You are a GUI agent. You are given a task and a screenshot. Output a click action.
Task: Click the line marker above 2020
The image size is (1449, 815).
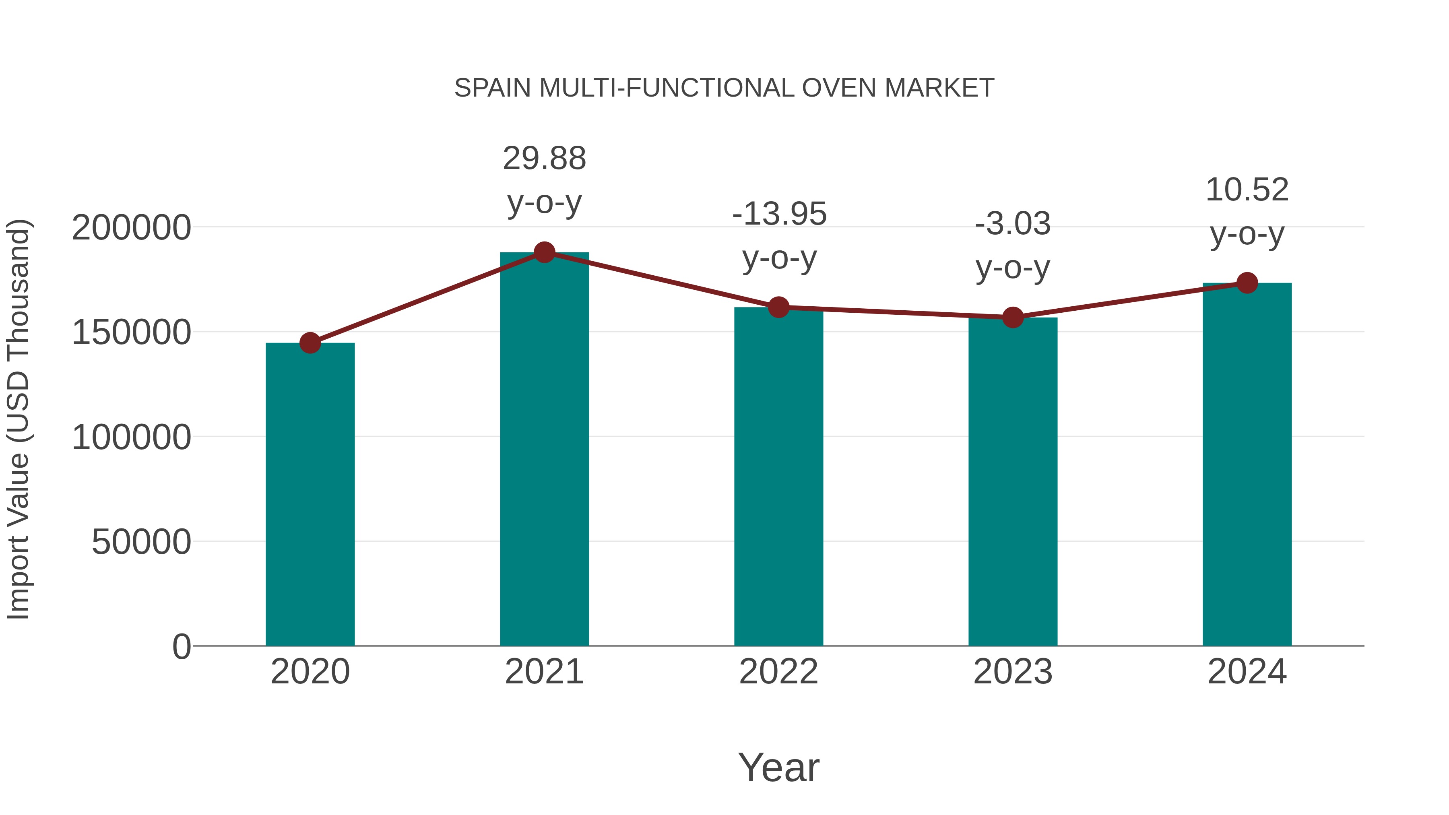coord(310,343)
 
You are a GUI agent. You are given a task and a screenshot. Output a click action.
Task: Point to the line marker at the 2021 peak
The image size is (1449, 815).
coord(544,252)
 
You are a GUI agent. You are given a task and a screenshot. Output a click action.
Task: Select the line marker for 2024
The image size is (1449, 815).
coord(1247,283)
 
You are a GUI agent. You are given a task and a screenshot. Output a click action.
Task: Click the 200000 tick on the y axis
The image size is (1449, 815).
coord(131,228)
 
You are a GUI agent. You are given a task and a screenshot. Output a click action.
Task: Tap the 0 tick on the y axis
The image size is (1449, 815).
coord(181,646)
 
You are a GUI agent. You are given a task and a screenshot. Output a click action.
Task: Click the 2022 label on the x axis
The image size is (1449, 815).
coord(778,672)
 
